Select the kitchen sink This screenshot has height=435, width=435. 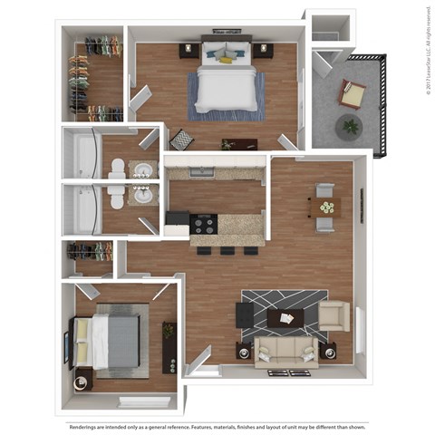(202, 171)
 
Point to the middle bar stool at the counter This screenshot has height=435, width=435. (226, 248)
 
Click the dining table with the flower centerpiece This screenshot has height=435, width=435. (325, 208)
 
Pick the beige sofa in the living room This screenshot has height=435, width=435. (285, 349)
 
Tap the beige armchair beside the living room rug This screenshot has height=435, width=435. (333, 314)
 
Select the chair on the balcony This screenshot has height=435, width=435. (352, 92)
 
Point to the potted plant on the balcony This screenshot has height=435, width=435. (348, 127)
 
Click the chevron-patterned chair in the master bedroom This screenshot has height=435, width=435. (182, 140)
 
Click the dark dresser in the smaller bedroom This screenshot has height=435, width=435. (169, 348)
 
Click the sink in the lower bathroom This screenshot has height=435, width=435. (142, 195)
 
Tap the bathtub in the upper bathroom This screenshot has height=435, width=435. (85, 155)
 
